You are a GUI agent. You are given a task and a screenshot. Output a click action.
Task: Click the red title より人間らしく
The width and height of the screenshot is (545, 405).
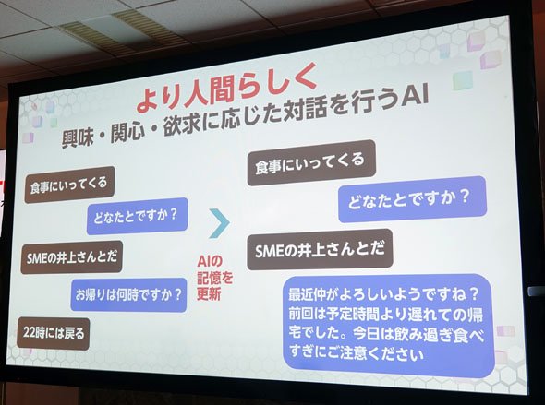[x=226, y=88]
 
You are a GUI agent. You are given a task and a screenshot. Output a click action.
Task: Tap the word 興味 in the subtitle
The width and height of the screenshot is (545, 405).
[x=78, y=138]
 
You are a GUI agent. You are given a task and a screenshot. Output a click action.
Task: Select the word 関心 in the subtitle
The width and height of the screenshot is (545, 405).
[x=127, y=131]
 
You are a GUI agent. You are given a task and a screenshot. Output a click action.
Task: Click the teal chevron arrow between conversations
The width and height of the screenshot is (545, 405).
[x=220, y=223]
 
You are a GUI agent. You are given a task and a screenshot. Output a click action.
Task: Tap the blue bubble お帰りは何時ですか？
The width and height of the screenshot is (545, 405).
[x=129, y=294]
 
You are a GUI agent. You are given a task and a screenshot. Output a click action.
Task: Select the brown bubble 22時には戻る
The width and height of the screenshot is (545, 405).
[x=54, y=334]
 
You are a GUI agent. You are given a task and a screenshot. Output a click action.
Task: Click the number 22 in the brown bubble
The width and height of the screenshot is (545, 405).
[x=30, y=332]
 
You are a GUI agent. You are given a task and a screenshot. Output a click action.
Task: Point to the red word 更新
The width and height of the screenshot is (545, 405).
[x=210, y=294]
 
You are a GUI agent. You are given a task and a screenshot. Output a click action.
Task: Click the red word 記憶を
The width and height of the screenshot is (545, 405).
[x=215, y=278]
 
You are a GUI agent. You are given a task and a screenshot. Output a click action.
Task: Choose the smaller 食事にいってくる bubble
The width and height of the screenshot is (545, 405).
[x=69, y=185]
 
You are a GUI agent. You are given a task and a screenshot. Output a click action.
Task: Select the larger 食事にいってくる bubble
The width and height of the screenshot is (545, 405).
[x=311, y=162]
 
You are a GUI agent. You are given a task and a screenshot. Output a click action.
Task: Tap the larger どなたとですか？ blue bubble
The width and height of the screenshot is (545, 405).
[x=412, y=199]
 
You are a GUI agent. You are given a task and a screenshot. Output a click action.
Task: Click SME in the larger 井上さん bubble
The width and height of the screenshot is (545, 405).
[x=270, y=251]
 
